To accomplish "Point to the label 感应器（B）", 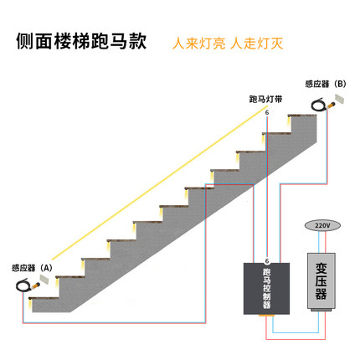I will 325,84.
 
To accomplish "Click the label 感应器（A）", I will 32,268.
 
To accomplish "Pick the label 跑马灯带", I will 265,99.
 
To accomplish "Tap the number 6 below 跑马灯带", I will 267,111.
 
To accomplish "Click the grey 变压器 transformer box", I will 321,281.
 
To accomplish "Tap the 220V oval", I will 321,226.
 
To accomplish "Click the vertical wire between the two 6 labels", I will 267,184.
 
